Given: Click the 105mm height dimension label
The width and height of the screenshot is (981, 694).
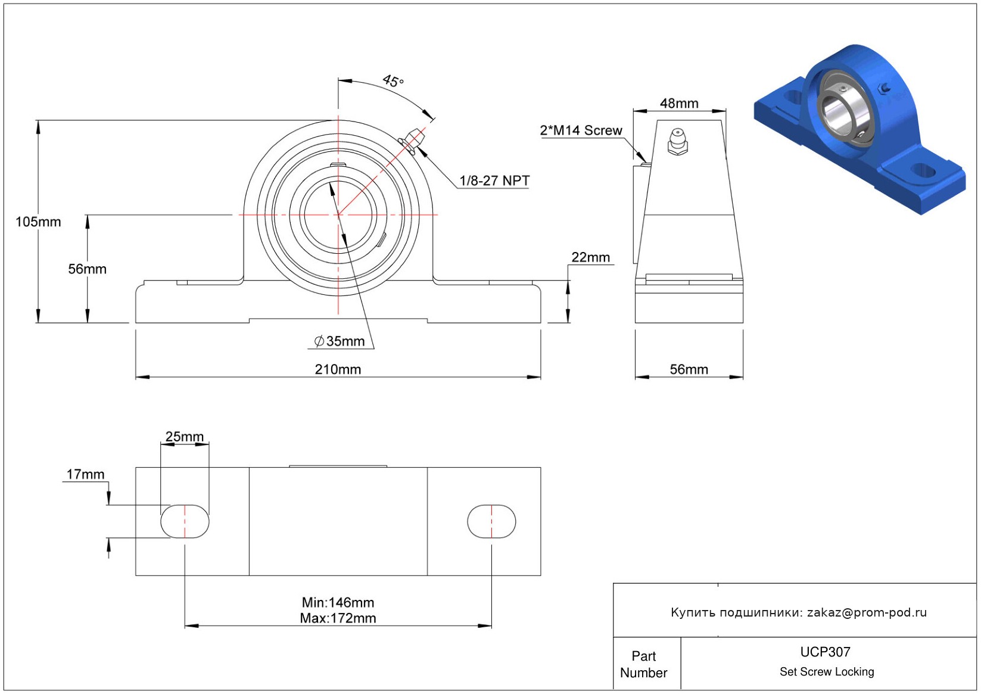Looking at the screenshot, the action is coord(38,222).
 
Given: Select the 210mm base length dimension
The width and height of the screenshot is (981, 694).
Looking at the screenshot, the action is coord(338,369).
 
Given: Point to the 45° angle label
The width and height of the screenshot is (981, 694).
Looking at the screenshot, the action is coord(393,80).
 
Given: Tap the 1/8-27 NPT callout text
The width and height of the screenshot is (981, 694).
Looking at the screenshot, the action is coord(494,180).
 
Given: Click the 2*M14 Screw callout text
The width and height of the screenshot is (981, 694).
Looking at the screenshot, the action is coord(581,130).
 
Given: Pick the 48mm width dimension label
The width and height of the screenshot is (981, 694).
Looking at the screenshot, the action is coord(679,104).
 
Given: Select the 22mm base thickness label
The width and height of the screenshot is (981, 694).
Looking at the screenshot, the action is coord(590,257).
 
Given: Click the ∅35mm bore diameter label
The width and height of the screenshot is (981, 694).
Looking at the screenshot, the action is coord(340,341).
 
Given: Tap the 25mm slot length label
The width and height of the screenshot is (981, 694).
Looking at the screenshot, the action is coord(185,437).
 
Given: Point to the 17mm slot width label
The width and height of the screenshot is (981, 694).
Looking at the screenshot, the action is coord(85,474).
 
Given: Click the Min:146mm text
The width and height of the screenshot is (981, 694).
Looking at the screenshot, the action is coord(338,602).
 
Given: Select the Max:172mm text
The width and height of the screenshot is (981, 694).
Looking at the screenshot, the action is coord(338,618).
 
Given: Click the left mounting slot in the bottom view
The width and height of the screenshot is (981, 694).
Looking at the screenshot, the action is coord(185,521).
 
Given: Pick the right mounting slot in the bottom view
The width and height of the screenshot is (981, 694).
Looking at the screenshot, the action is coord(491,521).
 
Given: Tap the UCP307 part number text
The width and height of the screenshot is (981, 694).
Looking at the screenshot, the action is coord(825,652).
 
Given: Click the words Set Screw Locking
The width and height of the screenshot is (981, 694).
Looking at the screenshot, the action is coord(827,671).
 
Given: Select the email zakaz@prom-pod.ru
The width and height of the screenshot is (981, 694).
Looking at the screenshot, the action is coord(867,612).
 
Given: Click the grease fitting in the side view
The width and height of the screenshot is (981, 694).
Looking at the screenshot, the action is coord(677,142).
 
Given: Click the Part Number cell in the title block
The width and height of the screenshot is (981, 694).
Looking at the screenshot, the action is coord(643,664).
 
